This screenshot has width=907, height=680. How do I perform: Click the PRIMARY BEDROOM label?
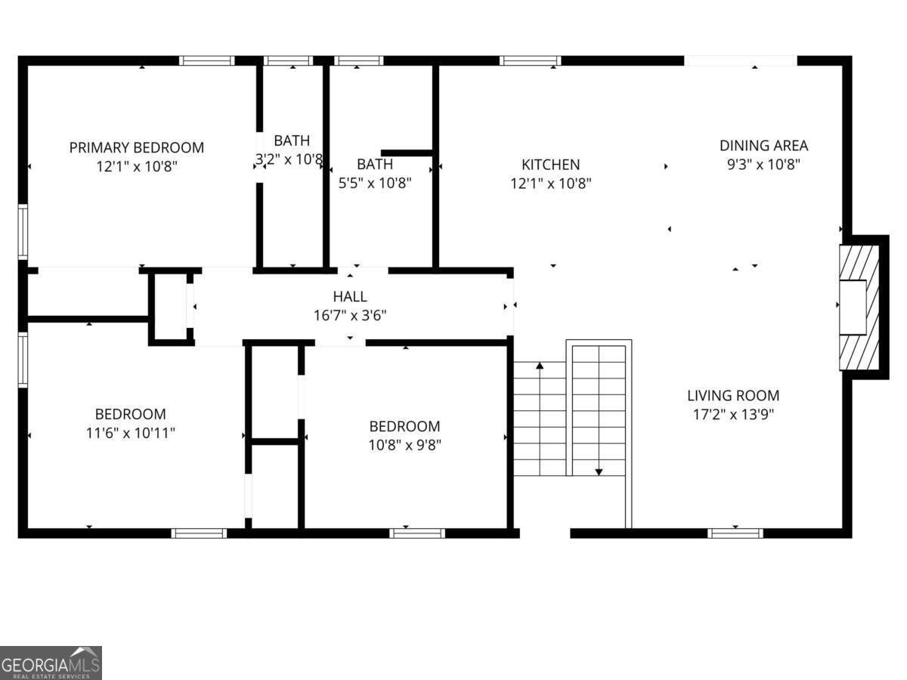137,147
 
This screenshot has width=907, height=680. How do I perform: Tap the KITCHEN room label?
551,164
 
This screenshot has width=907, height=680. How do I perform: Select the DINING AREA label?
763,146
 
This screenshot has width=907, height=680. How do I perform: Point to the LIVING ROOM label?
733,395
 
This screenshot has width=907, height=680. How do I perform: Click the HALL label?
350,297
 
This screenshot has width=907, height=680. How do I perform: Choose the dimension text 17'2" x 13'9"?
733,414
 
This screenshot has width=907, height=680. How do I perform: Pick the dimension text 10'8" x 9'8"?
405,445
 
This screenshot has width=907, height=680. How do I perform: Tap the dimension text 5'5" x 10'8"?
375,182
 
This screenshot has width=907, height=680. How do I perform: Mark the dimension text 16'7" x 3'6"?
350,316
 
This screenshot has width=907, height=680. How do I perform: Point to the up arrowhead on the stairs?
540,366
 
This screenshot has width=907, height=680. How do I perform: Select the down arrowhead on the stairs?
599,471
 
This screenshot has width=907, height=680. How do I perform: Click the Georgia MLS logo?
51,663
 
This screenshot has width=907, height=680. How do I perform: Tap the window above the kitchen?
530,60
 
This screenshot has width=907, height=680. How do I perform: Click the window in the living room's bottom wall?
735,533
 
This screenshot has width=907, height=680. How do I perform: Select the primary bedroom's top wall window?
207,60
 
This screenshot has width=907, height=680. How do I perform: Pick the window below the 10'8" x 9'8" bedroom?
417,533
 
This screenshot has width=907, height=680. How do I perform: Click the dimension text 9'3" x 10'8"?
763,164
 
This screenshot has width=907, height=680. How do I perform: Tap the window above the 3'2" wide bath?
288,60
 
